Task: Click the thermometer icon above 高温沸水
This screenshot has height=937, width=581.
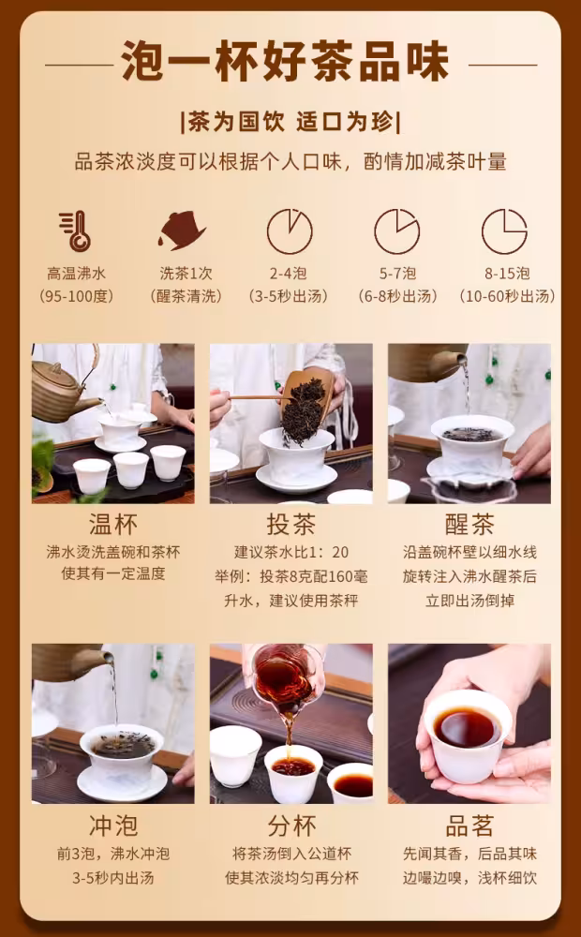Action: tap(75, 231)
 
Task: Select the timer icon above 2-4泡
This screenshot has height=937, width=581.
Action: tap(290, 231)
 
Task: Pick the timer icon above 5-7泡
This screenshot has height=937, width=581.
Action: tap(397, 231)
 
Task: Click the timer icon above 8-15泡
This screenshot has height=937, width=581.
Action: tap(504, 231)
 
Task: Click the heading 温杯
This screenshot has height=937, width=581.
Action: tap(113, 525)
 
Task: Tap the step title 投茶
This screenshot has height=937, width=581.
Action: tap(291, 525)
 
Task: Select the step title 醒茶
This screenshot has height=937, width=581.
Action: tap(469, 525)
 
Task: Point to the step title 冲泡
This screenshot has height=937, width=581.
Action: tap(113, 825)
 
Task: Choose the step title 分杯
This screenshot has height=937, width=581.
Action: tap(291, 825)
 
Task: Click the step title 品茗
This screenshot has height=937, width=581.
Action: tap(469, 825)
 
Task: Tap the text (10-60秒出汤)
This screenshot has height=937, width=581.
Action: tap(508, 296)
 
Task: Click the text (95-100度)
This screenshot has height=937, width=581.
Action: tap(76, 296)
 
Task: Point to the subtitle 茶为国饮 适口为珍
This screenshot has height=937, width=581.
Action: tap(291, 123)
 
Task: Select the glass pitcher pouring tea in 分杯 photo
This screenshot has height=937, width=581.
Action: tap(284, 678)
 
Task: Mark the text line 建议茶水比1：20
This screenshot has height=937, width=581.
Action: tap(291, 552)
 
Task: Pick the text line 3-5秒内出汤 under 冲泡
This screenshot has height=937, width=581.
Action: tap(113, 878)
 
